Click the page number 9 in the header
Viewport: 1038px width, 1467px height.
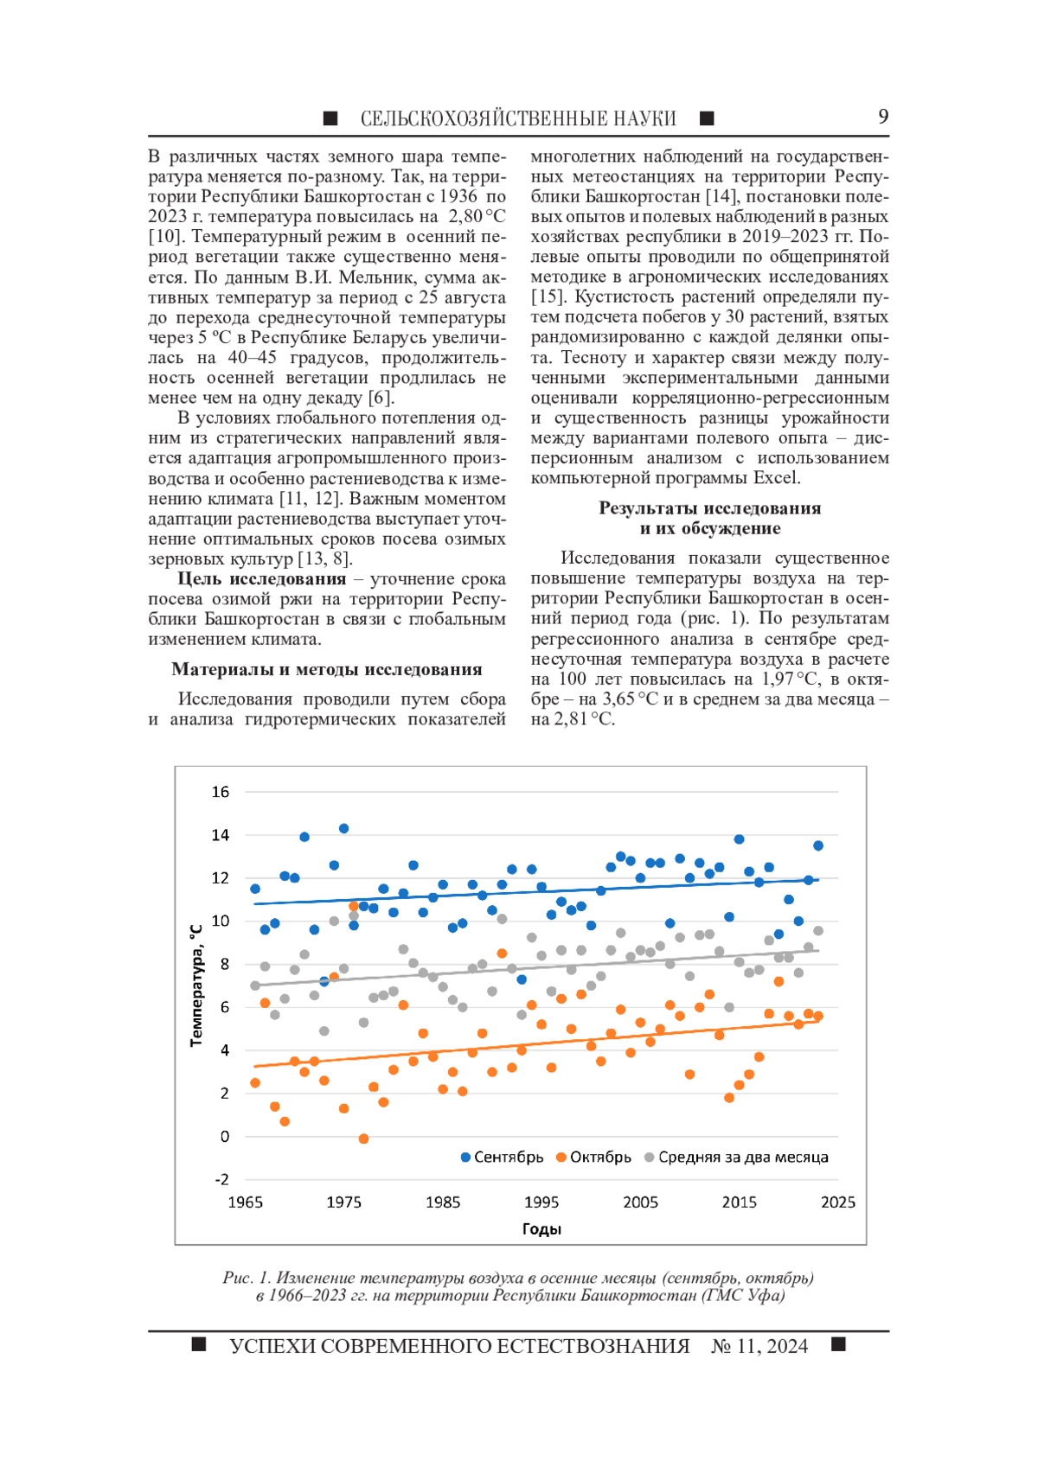(882, 117)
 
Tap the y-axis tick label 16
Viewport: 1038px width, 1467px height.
(221, 792)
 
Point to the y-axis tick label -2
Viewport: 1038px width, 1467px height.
(221, 1179)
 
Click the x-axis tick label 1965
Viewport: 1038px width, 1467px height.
(245, 1202)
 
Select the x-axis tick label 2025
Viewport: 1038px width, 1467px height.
(837, 1202)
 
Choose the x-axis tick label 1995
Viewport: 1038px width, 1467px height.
(541, 1202)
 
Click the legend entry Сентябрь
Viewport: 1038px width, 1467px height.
(509, 1158)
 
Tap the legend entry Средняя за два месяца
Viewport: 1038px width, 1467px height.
(743, 1158)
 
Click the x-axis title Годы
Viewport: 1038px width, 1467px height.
(541, 1229)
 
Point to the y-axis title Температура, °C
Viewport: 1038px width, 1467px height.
(196, 985)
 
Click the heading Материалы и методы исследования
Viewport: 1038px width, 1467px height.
(327, 669)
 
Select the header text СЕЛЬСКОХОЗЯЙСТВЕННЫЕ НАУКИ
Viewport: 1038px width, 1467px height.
(518, 118)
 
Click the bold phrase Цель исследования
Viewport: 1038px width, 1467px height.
(262, 579)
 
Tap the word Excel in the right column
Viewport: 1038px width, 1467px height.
(778, 478)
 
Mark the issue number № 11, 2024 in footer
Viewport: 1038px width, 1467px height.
(759, 1346)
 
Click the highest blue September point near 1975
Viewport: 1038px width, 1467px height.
(343, 828)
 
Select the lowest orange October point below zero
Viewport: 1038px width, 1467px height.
(363, 1139)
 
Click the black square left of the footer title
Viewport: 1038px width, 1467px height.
(199, 1344)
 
